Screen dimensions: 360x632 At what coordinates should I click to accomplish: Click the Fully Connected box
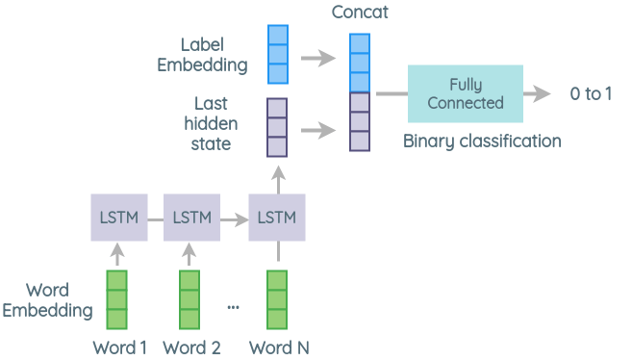tap(465, 93)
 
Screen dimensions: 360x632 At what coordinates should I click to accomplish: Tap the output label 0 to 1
tap(590, 94)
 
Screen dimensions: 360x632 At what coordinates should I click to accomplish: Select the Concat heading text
tap(359, 12)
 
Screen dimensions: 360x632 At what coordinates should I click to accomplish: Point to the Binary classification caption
tap(481, 141)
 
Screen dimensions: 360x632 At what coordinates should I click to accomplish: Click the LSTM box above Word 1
tap(119, 217)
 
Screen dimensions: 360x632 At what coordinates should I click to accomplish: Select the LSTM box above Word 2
tap(192, 217)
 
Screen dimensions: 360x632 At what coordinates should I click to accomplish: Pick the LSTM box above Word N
tap(277, 217)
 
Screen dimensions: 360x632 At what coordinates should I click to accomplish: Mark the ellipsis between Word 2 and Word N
tap(233, 307)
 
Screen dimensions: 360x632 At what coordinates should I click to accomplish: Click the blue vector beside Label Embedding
tap(277, 54)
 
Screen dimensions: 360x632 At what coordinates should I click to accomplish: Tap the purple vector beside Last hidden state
tap(277, 128)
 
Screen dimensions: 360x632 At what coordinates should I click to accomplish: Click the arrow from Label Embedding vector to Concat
tap(316, 58)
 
